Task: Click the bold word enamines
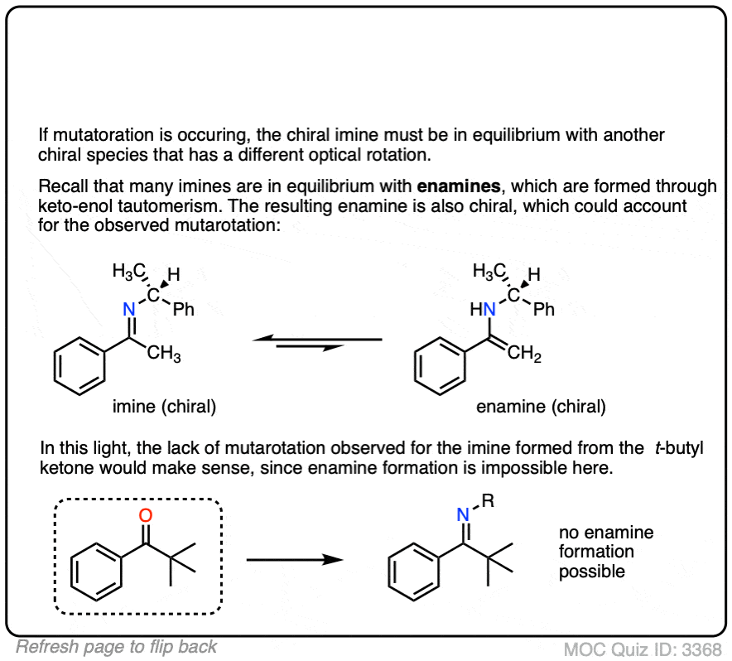[x=459, y=186]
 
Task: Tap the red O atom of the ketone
[x=146, y=515]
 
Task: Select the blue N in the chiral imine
[x=129, y=309]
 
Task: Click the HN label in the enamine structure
[x=483, y=309]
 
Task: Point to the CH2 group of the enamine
[x=524, y=353]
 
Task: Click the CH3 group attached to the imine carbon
[x=164, y=353]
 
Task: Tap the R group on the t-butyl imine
[x=488, y=501]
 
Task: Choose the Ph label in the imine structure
[x=184, y=309]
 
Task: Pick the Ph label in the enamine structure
[x=544, y=309]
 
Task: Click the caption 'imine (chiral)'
[x=164, y=407]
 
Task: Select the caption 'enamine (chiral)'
[x=541, y=407]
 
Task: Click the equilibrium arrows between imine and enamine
[x=317, y=343]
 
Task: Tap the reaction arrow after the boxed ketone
[x=295, y=559]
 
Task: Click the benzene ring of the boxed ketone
[x=96, y=572]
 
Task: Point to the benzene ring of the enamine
[x=440, y=366]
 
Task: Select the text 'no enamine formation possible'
[x=606, y=552]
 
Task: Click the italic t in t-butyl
[x=658, y=448]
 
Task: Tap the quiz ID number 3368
[x=701, y=649]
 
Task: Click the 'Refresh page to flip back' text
[x=116, y=647]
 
